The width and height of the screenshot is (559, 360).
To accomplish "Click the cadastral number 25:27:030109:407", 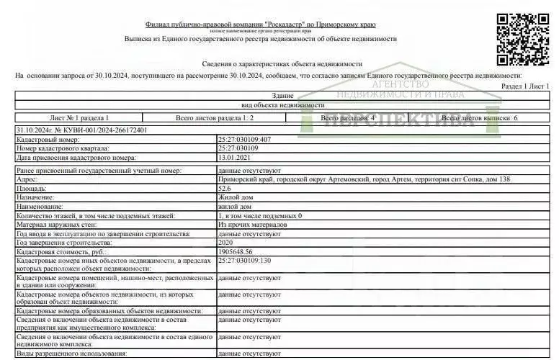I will [x=245, y=139].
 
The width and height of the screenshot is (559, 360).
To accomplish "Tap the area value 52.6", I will [x=225, y=187].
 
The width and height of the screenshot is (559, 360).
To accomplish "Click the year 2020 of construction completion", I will [x=225, y=243].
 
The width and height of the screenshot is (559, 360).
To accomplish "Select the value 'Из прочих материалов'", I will [x=251, y=225].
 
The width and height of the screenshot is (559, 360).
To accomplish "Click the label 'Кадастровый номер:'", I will [x=47, y=139].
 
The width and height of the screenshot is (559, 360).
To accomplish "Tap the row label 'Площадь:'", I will [x=32, y=187].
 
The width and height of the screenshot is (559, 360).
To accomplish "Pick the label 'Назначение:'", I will [x=37, y=197].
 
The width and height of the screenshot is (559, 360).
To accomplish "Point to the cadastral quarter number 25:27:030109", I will [x=241, y=148].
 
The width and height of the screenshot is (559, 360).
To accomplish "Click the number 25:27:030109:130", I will [x=245, y=260].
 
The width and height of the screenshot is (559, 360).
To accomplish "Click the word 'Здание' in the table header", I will [x=282, y=96].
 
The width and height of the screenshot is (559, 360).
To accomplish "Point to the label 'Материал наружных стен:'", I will [x=62, y=225].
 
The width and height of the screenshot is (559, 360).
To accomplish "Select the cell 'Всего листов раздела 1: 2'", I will [x=215, y=117].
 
